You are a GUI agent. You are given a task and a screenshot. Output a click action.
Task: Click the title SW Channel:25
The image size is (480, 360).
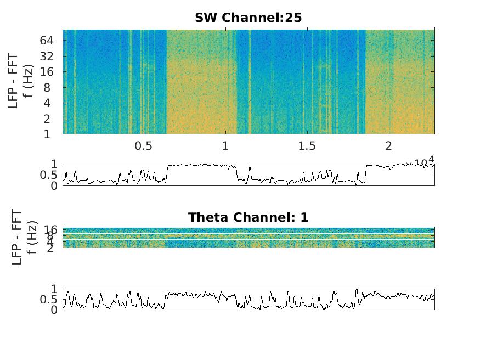248,18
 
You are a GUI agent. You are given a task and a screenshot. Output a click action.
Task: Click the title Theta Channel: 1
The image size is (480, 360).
248,217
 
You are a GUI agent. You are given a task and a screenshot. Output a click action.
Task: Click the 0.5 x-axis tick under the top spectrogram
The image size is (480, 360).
143,147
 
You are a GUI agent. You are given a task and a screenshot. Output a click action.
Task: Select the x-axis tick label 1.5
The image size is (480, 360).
307,147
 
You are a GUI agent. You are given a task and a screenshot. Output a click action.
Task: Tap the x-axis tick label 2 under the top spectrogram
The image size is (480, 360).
389,147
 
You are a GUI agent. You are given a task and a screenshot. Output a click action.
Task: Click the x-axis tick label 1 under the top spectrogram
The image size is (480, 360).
225,147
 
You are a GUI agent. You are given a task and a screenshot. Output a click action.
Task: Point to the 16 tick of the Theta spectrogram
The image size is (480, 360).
52,230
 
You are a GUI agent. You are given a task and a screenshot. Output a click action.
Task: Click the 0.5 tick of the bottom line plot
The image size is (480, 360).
50,300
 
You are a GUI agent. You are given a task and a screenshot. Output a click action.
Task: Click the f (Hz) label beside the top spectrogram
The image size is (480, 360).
31,81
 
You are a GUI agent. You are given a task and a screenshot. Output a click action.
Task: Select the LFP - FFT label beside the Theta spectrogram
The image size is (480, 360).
16,237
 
